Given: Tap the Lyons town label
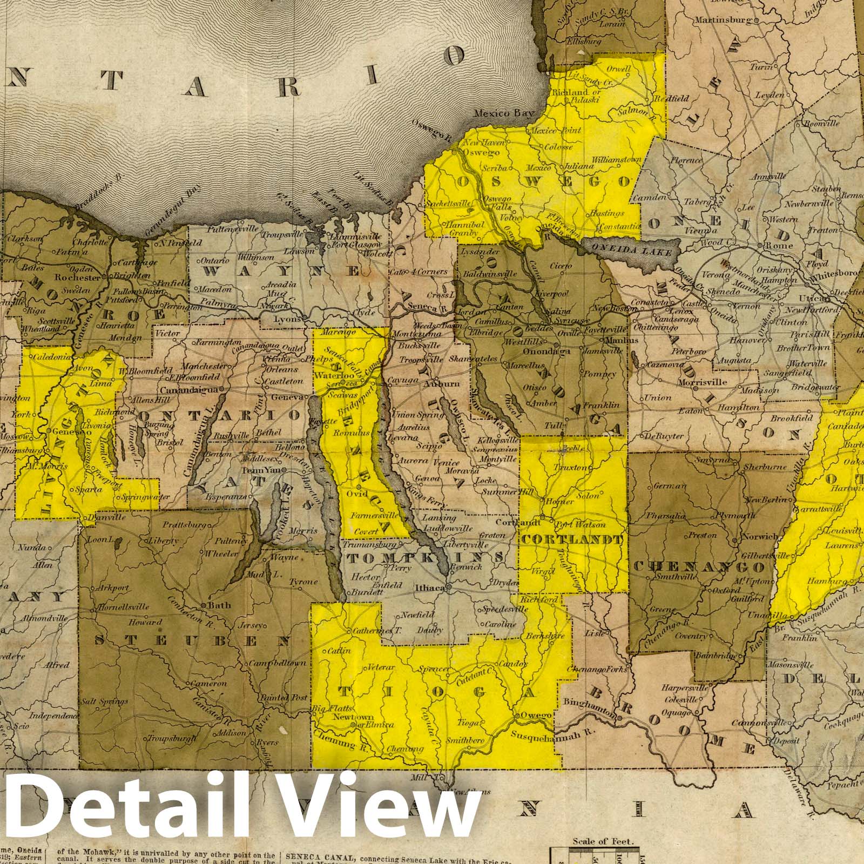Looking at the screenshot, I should pos(288,319).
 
